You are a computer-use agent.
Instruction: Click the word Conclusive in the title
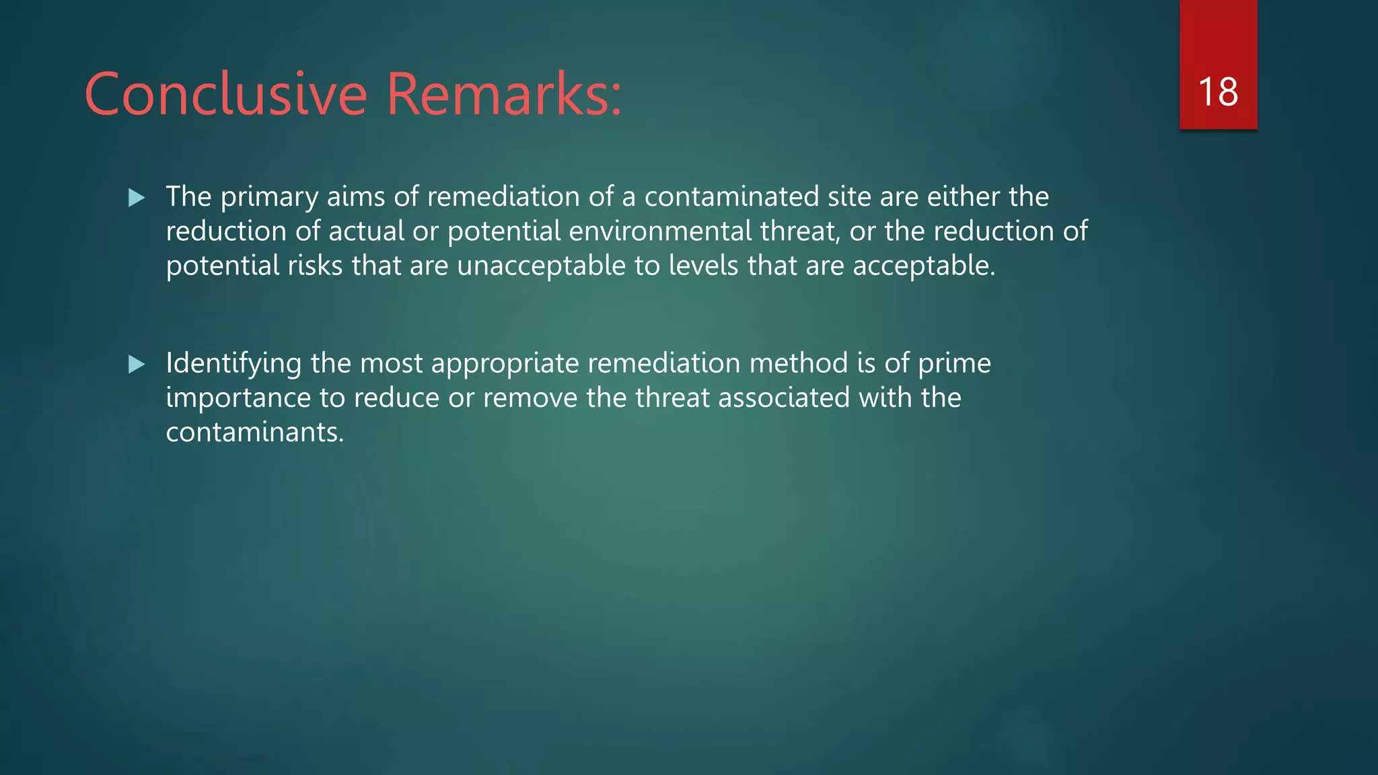[x=225, y=94]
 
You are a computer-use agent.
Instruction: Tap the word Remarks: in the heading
[x=504, y=94]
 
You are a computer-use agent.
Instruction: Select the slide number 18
[x=1218, y=92]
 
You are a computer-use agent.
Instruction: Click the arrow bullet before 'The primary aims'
[x=137, y=198]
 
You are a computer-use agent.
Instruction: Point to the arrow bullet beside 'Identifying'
[x=137, y=365]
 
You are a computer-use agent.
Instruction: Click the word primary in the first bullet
[x=269, y=198]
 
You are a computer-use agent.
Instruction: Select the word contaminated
[x=731, y=196]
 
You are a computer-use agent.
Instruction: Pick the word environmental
[x=660, y=231]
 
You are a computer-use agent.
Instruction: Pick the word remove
[x=530, y=398]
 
